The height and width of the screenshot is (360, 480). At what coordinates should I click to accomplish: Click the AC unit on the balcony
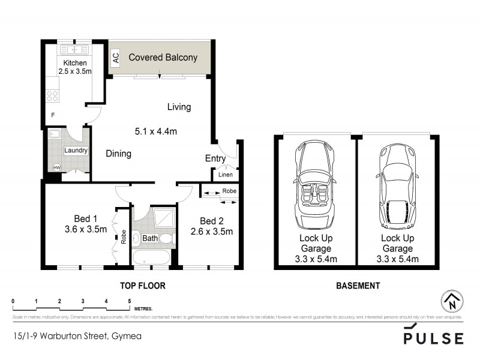pyautogui.click(x=116, y=58)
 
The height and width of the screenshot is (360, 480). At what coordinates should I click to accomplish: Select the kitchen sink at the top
pyautogui.click(x=75, y=49)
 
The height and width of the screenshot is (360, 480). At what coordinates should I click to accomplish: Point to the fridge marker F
pyautogui.click(x=53, y=115)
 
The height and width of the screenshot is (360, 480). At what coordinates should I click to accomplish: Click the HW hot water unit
pyautogui.click(x=58, y=167)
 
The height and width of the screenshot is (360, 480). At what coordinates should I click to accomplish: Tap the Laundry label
pyautogui.click(x=76, y=151)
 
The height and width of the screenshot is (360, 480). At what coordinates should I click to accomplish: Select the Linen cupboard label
pyautogui.click(x=225, y=175)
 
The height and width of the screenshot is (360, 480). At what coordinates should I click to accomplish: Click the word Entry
pyautogui.click(x=215, y=159)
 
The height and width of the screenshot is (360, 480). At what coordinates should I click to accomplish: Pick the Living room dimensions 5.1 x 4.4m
pyautogui.click(x=155, y=131)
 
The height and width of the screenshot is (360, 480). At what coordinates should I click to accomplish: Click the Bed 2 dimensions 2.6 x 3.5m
pyautogui.click(x=211, y=232)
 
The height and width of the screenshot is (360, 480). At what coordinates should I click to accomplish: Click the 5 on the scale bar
pyautogui.click(x=129, y=301)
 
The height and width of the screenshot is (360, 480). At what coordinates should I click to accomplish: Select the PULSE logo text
pyautogui.click(x=433, y=338)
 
